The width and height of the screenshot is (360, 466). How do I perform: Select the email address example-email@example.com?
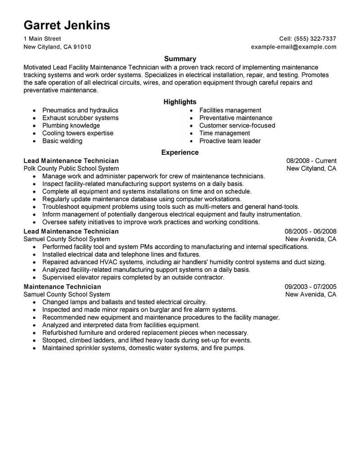293,47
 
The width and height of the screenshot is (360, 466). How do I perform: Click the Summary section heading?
180,59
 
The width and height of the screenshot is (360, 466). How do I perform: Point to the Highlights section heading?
180,102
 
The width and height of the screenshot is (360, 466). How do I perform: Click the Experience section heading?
180,153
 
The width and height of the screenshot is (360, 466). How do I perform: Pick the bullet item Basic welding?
62,141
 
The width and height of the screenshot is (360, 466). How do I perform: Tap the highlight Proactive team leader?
230,141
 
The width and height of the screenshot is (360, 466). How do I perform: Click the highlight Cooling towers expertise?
77,133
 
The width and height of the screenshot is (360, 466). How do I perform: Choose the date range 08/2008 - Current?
311,161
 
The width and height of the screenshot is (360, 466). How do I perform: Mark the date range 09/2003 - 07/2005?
310,286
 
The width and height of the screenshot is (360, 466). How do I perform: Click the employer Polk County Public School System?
71,168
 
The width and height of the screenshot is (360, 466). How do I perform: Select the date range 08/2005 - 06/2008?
310,231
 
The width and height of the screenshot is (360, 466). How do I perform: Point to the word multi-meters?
203,207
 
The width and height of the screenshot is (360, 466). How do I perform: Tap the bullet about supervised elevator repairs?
133,277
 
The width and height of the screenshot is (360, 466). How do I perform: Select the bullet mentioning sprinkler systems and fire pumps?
144,348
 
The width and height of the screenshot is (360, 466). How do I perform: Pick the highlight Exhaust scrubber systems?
80,118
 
